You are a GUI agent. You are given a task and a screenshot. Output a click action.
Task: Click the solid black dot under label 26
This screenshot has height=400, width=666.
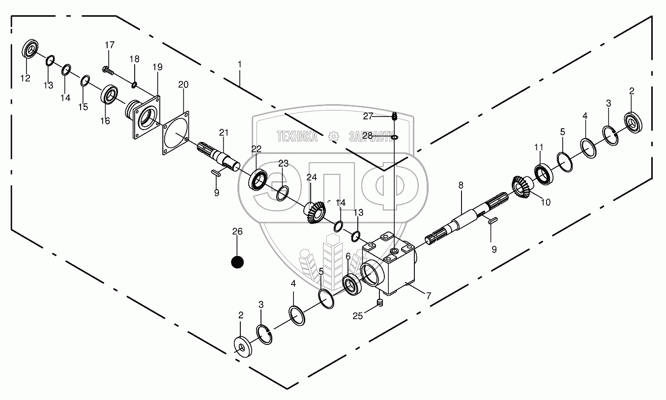pos(237,262)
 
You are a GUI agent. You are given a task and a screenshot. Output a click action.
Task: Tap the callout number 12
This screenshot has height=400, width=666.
pos(25,78)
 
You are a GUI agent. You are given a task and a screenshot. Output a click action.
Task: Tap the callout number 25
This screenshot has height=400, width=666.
pos(358,316)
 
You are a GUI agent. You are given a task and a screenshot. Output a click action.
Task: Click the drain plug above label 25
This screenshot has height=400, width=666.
pos(379,303)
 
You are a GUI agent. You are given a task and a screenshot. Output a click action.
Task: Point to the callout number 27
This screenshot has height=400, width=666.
pos(368,116)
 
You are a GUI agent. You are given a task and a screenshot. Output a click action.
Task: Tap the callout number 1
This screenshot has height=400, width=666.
pos(239,64)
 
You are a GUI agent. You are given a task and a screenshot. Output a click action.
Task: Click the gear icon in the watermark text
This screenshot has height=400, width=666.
pos(333,136)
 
